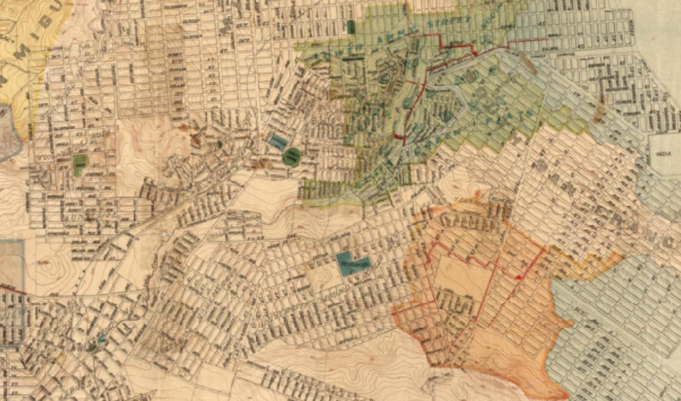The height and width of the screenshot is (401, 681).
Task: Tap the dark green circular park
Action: click(x=292, y=156)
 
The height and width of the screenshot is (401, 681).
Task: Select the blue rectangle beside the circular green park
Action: click(x=278, y=143)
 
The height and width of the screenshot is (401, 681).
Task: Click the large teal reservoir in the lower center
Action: click(x=353, y=263)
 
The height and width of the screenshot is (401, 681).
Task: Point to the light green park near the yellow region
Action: click(x=80, y=164)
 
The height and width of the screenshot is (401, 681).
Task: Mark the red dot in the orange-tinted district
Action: click(x=519, y=278)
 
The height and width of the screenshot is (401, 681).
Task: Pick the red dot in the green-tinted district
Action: click(x=475, y=53)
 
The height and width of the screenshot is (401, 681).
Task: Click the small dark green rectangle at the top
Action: click(x=351, y=27)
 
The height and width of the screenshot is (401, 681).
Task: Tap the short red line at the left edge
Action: click(x=14, y=290)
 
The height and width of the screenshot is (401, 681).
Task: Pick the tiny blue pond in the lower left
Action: click(x=101, y=338)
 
